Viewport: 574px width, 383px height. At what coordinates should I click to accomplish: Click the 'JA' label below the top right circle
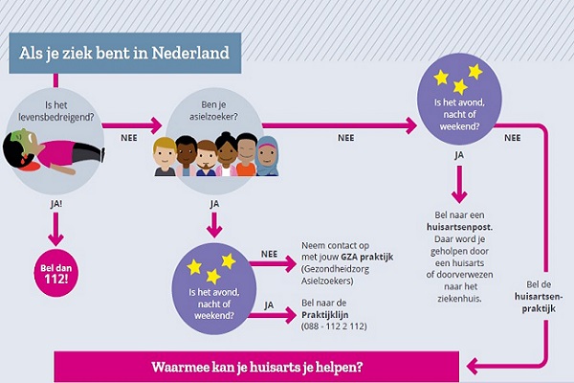[459, 153]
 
